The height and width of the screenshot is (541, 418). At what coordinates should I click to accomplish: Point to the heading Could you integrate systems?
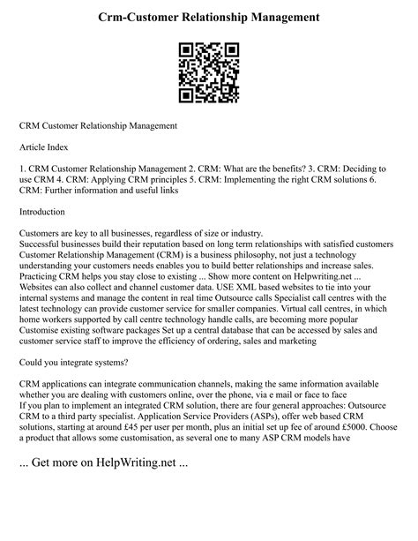[76, 387]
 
